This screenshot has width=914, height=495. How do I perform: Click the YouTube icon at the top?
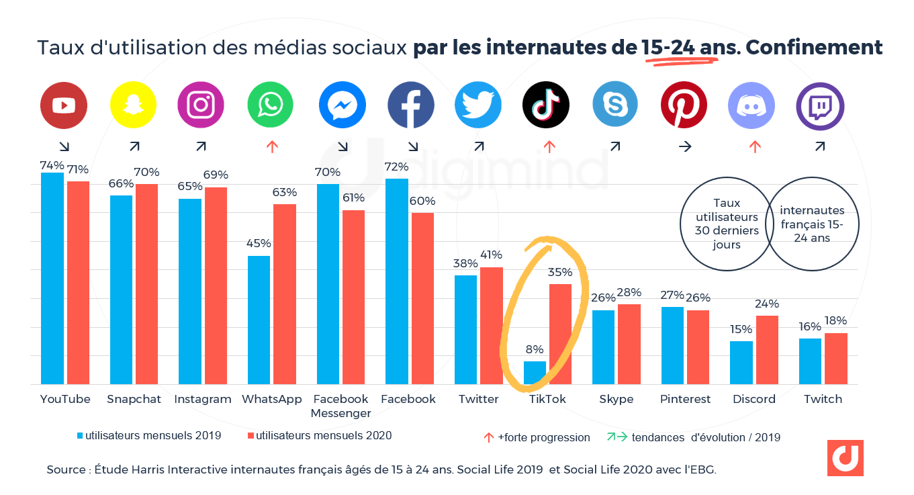click(x=64, y=105)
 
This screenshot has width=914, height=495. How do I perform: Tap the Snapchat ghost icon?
click(x=133, y=105)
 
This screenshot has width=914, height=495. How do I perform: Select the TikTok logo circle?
click(x=546, y=105)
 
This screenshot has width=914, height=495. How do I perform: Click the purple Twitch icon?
click(x=820, y=106)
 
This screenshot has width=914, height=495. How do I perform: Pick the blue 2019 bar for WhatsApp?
click(x=259, y=320)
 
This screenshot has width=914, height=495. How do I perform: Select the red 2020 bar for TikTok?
click(x=560, y=334)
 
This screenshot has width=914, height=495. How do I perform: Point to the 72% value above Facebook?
click(x=397, y=166)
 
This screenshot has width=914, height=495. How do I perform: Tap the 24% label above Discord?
click(x=766, y=303)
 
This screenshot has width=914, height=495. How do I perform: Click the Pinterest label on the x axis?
click(x=685, y=399)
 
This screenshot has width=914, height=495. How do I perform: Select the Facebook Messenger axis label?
click(x=340, y=406)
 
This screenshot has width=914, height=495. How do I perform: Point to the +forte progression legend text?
click(x=543, y=437)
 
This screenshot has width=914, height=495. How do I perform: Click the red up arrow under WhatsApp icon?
click(x=272, y=146)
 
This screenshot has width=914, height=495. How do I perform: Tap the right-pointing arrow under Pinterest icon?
click(x=684, y=146)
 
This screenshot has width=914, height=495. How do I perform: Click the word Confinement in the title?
click(x=814, y=48)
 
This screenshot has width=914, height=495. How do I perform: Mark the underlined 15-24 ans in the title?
click(x=680, y=48)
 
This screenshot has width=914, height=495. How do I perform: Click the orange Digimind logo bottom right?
click(x=845, y=458)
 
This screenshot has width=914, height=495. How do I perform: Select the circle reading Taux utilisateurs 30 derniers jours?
click(x=727, y=224)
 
